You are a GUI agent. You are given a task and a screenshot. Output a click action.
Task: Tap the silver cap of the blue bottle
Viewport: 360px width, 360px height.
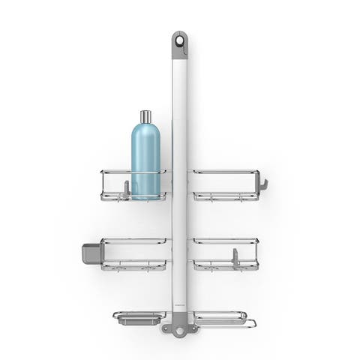[145, 116]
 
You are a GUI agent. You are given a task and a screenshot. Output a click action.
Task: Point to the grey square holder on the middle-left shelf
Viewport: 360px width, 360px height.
[91, 252]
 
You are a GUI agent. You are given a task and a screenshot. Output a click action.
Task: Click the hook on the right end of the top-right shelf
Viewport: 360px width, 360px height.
[262, 183]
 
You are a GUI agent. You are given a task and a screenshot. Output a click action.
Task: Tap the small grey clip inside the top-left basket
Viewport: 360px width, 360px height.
[127, 188]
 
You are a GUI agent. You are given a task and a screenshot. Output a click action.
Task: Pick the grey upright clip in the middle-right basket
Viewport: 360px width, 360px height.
[235, 256]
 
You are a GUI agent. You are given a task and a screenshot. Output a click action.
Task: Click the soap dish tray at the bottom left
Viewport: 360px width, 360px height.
[140, 319]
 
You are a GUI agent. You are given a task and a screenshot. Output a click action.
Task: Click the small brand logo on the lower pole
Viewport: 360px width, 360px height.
[180, 303]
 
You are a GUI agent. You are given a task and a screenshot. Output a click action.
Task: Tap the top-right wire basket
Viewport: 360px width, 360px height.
[226, 185]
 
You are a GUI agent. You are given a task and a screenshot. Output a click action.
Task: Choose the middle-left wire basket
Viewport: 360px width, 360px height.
[135, 254]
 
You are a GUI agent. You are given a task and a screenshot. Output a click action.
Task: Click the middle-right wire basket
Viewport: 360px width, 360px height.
[226, 254]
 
